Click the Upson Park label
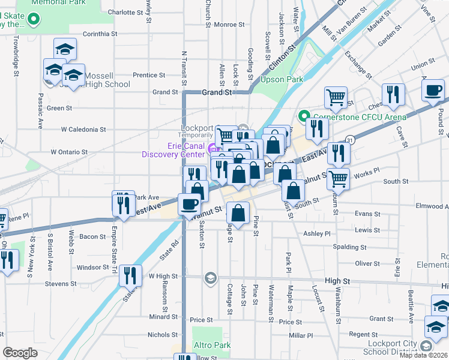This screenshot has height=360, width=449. click(x=282, y=79)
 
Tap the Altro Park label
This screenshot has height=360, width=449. click(x=212, y=346)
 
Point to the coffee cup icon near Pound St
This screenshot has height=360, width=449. click(x=432, y=91)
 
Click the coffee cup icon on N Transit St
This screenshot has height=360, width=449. click(x=190, y=204)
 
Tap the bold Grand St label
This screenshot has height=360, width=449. click(x=217, y=93)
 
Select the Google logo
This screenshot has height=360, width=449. click(x=20, y=353)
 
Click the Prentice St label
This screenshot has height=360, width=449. click(x=149, y=76)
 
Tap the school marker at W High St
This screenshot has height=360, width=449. click(x=210, y=277)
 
